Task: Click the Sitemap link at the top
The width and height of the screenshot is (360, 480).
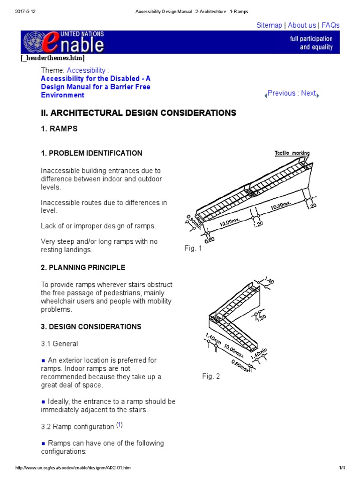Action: tap(269, 25)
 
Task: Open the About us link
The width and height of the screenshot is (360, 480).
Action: tap(301, 25)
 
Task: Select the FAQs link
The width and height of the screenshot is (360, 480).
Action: tap(330, 25)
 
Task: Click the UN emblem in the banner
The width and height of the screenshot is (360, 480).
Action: tap(32, 42)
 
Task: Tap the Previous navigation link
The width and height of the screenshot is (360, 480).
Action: tap(281, 93)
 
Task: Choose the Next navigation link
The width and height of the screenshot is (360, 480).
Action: tap(308, 93)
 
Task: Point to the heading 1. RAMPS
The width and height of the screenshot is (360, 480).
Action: tap(59, 128)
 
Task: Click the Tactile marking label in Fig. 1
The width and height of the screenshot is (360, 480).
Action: tap(292, 153)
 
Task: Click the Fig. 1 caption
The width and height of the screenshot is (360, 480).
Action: tap(193, 248)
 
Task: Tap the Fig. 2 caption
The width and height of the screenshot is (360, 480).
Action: tap(211, 376)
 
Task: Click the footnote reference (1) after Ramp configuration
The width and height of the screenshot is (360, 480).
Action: tap(120, 425)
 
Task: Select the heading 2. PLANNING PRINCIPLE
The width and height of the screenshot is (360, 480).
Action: tap(83, 268)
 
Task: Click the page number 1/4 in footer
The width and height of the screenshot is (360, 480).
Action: tap(342, 468)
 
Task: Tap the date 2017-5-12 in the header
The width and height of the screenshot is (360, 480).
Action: tap(24, 11)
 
